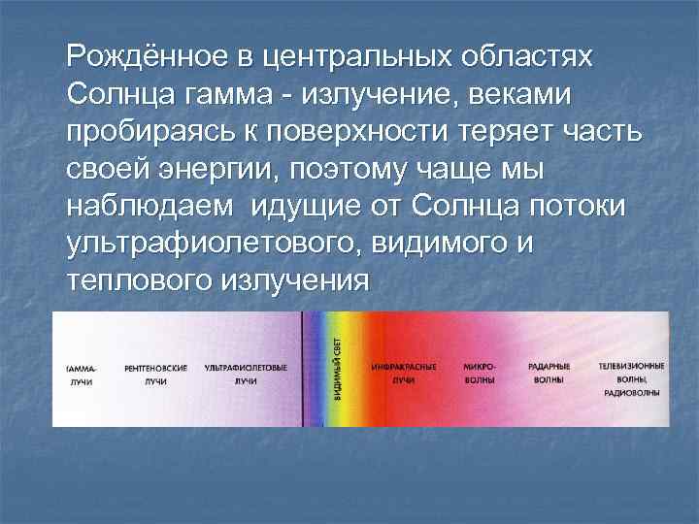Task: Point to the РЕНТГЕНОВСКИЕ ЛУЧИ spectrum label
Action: pyautogui.click(x=156, y=375)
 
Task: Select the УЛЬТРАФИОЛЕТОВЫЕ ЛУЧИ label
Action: pyautogui.click(x=246, y=375)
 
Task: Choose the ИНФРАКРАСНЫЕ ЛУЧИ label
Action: pyautogui.click(x=404, y=375)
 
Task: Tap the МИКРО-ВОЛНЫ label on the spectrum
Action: pyautogui.click(x=480, y=375)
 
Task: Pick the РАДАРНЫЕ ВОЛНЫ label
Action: pyautogui.click(x=549, y=375)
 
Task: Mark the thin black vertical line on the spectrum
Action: pyautogui.click(x=303, y=369)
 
